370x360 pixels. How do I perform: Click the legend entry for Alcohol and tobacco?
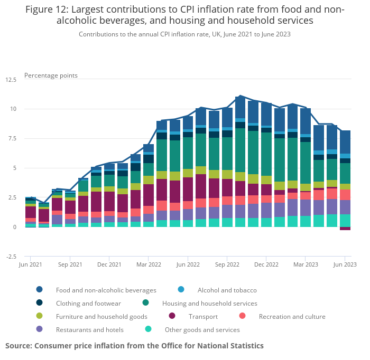(x=227, y=290)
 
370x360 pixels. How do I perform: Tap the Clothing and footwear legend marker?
(x=40, y=303)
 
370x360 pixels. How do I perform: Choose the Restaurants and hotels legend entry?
(x=90, y=330)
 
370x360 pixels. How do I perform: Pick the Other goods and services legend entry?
(x=202, y=330)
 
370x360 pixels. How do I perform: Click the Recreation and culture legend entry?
(x=292, y=317)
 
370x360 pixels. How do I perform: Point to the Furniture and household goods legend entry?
(x=101, y=317)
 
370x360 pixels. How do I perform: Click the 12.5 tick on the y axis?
(x=11, y=80)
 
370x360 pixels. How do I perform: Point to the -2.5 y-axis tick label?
(x=11, y=257)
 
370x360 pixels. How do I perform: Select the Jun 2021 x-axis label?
(x=30, y=264)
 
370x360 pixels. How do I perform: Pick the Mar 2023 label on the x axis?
(x=306, y=264)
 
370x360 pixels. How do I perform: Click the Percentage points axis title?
(x=51, y=75)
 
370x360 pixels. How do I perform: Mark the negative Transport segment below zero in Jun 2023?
(x=345, y=229)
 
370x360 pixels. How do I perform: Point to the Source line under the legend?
(x=134, y=346)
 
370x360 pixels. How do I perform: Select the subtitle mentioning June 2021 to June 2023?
(x=184, y=34)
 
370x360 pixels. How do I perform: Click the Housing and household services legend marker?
(x=146, y=303)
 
